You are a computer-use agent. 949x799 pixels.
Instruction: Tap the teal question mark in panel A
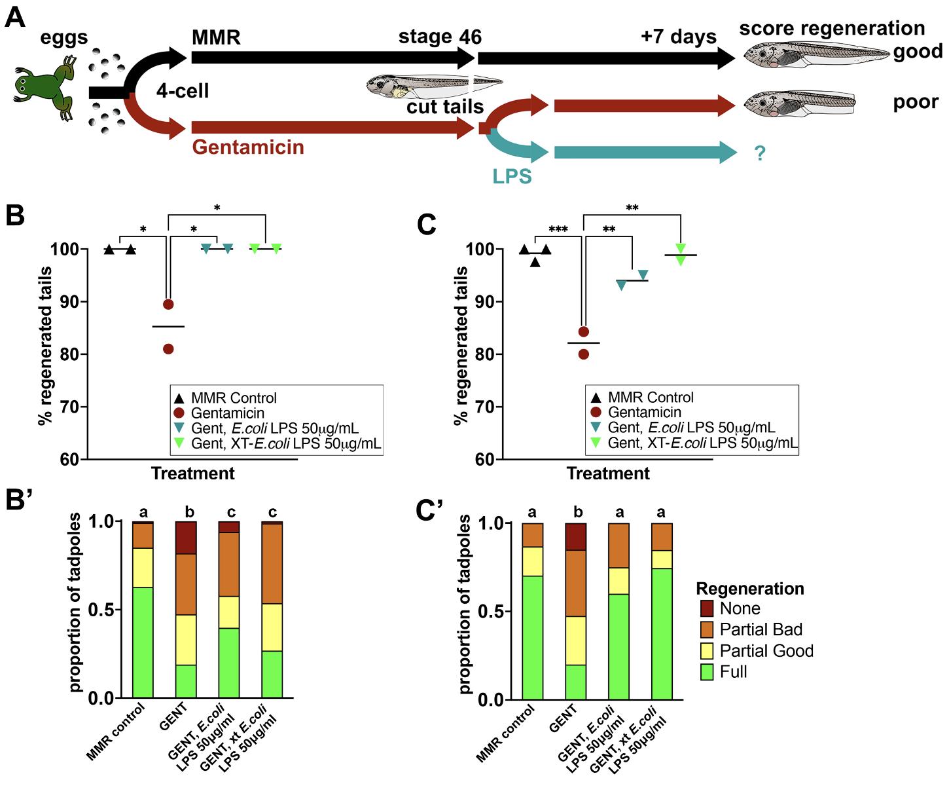click(x=759, y=154)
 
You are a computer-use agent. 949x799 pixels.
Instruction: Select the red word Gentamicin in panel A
click(x=248, y=147)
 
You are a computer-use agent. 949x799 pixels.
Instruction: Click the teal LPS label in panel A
click(x=512, y=176)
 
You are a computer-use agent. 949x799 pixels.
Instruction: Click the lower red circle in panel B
click(x=168, y=349)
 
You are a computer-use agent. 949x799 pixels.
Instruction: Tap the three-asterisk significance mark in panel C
click(x=558, y=229)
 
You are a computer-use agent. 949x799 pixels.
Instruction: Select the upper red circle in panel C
click(x=584, y=331)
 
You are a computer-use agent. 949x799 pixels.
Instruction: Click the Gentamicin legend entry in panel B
click(x=227, y=413)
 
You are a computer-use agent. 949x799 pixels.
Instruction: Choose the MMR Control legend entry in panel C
click(x=650, y=398)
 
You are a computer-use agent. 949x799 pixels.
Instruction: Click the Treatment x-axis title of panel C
click(x=608, y=474)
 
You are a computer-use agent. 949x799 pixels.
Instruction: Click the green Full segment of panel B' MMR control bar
click(x=143, y=642)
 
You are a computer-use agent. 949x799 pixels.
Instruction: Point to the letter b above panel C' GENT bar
click(x=577, y=512)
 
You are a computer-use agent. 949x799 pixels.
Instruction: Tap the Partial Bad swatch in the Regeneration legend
click(x=707, y=630)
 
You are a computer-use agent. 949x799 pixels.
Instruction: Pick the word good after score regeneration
click(x=918, y=52)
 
